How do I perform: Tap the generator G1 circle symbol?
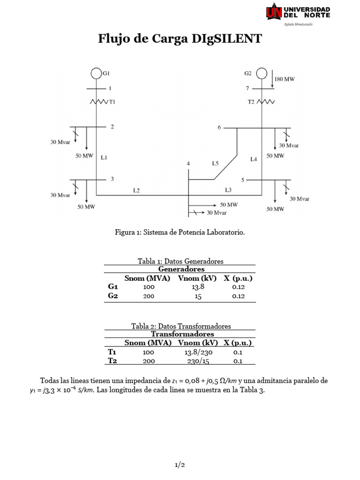[96, 74]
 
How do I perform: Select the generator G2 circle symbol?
[262, 74]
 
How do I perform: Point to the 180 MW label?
[285, 80]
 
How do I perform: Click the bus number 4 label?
[188, 163]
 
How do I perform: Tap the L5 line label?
[215, 164]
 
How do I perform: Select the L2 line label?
[136, 190]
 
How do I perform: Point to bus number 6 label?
[219, 127]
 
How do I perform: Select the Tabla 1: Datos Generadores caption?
[180, 261]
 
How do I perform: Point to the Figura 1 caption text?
[180, 232]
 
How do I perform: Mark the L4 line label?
[254, 159]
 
